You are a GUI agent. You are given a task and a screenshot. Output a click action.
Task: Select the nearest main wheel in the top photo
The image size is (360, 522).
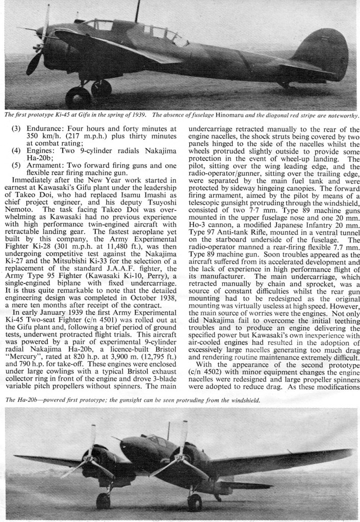(x=78, y=97)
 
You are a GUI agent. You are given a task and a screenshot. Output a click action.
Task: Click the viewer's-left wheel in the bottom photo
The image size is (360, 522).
(x=104, y=501)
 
